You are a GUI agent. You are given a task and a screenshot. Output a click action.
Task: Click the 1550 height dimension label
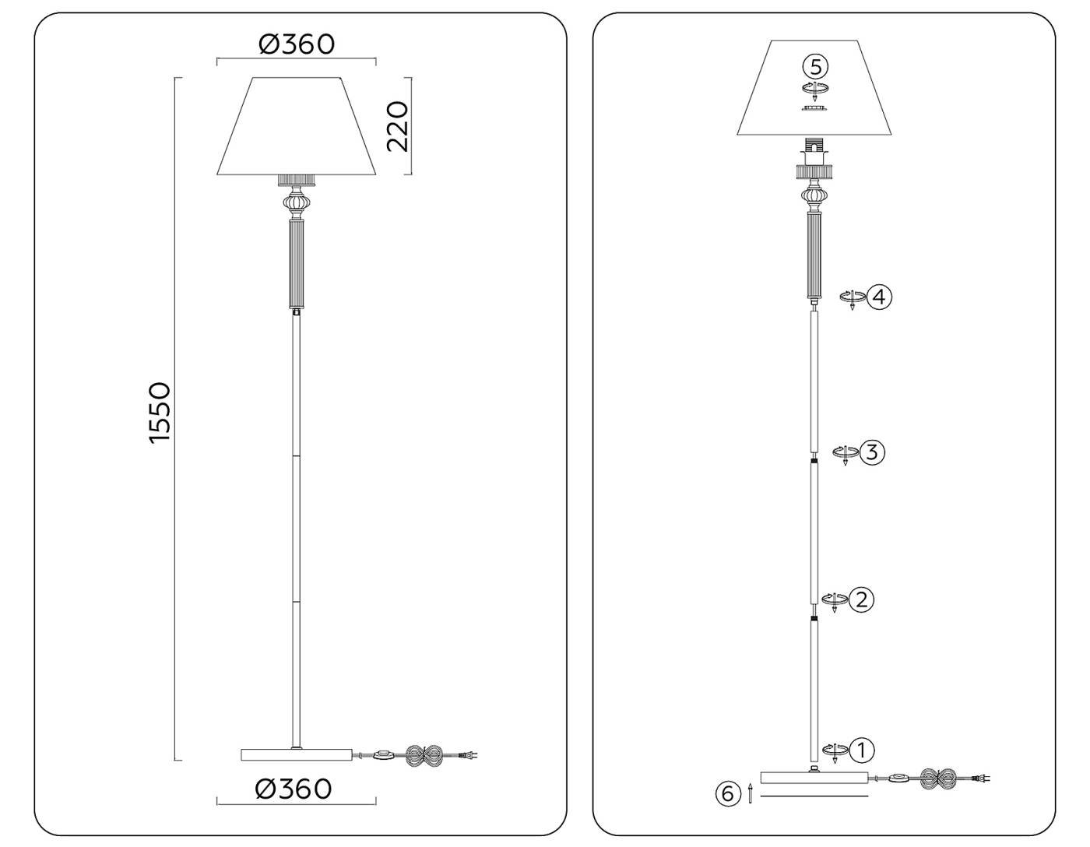coord(159,413)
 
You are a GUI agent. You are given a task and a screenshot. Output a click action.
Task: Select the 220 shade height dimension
coord(397,126)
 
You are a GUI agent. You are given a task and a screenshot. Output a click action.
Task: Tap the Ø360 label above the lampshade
coord(296,44)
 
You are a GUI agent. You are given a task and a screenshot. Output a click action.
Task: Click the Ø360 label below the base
coord(294,789)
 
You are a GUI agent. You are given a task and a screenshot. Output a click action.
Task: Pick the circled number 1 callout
coord(862,750)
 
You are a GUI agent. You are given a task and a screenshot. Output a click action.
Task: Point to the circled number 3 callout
coord(872,452)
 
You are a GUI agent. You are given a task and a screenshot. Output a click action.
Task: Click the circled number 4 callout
coord(879,297)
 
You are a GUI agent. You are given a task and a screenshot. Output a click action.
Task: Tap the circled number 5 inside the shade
coord(815,66)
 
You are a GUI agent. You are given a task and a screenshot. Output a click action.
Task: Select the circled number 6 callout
coord(727,794)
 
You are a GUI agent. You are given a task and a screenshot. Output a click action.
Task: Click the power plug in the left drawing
coord(469,754)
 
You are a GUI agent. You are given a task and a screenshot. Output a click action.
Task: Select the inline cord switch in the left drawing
coord(381,754)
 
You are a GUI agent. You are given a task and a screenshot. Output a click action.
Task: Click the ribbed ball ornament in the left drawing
coord(296,202)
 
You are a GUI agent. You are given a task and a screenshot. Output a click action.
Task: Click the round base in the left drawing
coord(296,754)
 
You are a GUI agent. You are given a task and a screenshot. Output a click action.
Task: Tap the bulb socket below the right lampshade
coord(814,149)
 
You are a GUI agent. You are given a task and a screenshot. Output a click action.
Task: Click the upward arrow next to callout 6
coord(749,793)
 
